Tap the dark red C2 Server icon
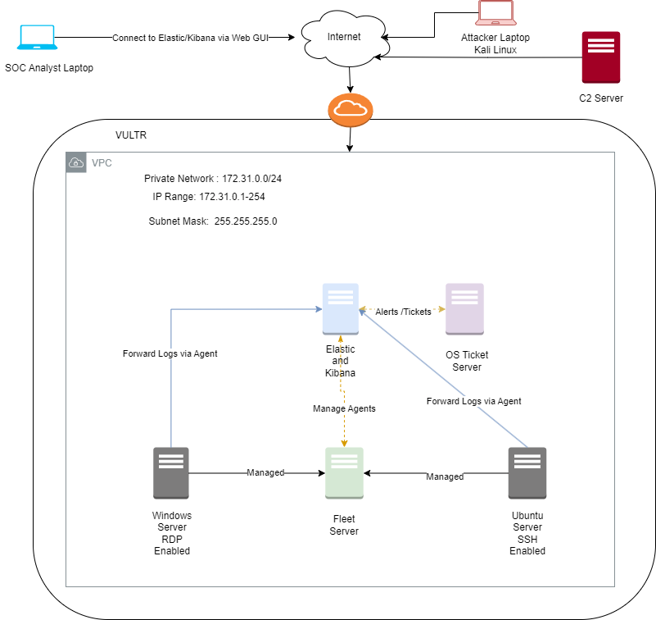click(x=601, y=57)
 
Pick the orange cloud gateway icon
click(x=351, y=109)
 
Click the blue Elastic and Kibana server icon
click(x=341, y=309)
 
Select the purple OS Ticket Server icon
click(x=464, y=309)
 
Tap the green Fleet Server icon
click(x=344, y=473)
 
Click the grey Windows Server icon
click(x=171, y=473)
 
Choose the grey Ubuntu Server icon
click(x=527, y=473)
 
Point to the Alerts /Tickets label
click(x=402, y=312)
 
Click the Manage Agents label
click(x=344, y=408)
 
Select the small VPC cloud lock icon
click(x=75, y=162)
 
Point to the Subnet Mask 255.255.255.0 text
click(x=212, y=221)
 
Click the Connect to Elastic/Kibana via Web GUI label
click(x=191, y=38)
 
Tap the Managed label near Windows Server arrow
click(x=265, y=472)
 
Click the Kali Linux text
click(x=495, y=50)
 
